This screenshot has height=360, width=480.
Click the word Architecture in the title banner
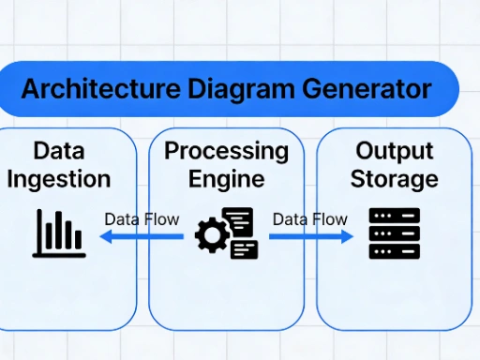pyautogui.click(x=95, y=89)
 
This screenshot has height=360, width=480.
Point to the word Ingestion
pyautogui.click(x=58, y=178)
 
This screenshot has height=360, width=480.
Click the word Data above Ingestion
pyautogui.click(x=58, y=151)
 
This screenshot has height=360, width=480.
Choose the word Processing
pyautogui.click(x=226, y=151)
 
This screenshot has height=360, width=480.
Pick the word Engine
pyautogui.click(x=226, y=178)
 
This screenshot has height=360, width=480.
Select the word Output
pyautogui.click(x=394, y=151)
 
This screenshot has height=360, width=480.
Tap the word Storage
pyautogui.click(x=394, y=178)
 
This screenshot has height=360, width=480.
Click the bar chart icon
pyautogui.click(x=59, y=233)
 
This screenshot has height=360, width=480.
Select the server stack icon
pyautogui.click(x=394, y=233)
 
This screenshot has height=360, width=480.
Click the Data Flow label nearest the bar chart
pyautogui.click(x=142, y=219)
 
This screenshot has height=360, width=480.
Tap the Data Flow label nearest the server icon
pyautogui.click(x=309, y=219)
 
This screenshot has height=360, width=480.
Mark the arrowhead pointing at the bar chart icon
pyautogui.click(x=106, y=238)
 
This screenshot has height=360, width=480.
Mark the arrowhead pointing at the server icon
pyautogui.click(x=348, y=238)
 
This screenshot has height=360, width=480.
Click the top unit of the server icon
pyautogui.click(x=394, y=217)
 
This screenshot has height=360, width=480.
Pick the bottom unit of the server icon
pyautogui.click(x=394, y=250)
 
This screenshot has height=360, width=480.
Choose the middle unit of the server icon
pyautogui.click(x=394, y=233)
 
